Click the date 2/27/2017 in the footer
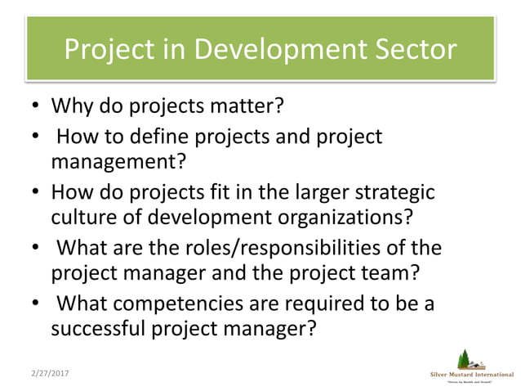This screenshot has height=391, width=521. (49, 373)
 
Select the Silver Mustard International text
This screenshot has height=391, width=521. (472, 375)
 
